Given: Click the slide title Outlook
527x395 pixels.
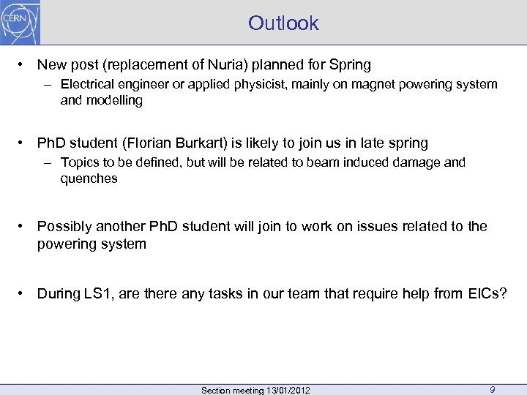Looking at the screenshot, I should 283,23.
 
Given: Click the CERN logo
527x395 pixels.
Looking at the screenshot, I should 20,23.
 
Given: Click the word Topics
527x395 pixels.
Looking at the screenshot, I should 78,162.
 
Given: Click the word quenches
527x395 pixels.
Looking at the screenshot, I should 89,178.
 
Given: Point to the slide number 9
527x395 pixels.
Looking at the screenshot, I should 493,390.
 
